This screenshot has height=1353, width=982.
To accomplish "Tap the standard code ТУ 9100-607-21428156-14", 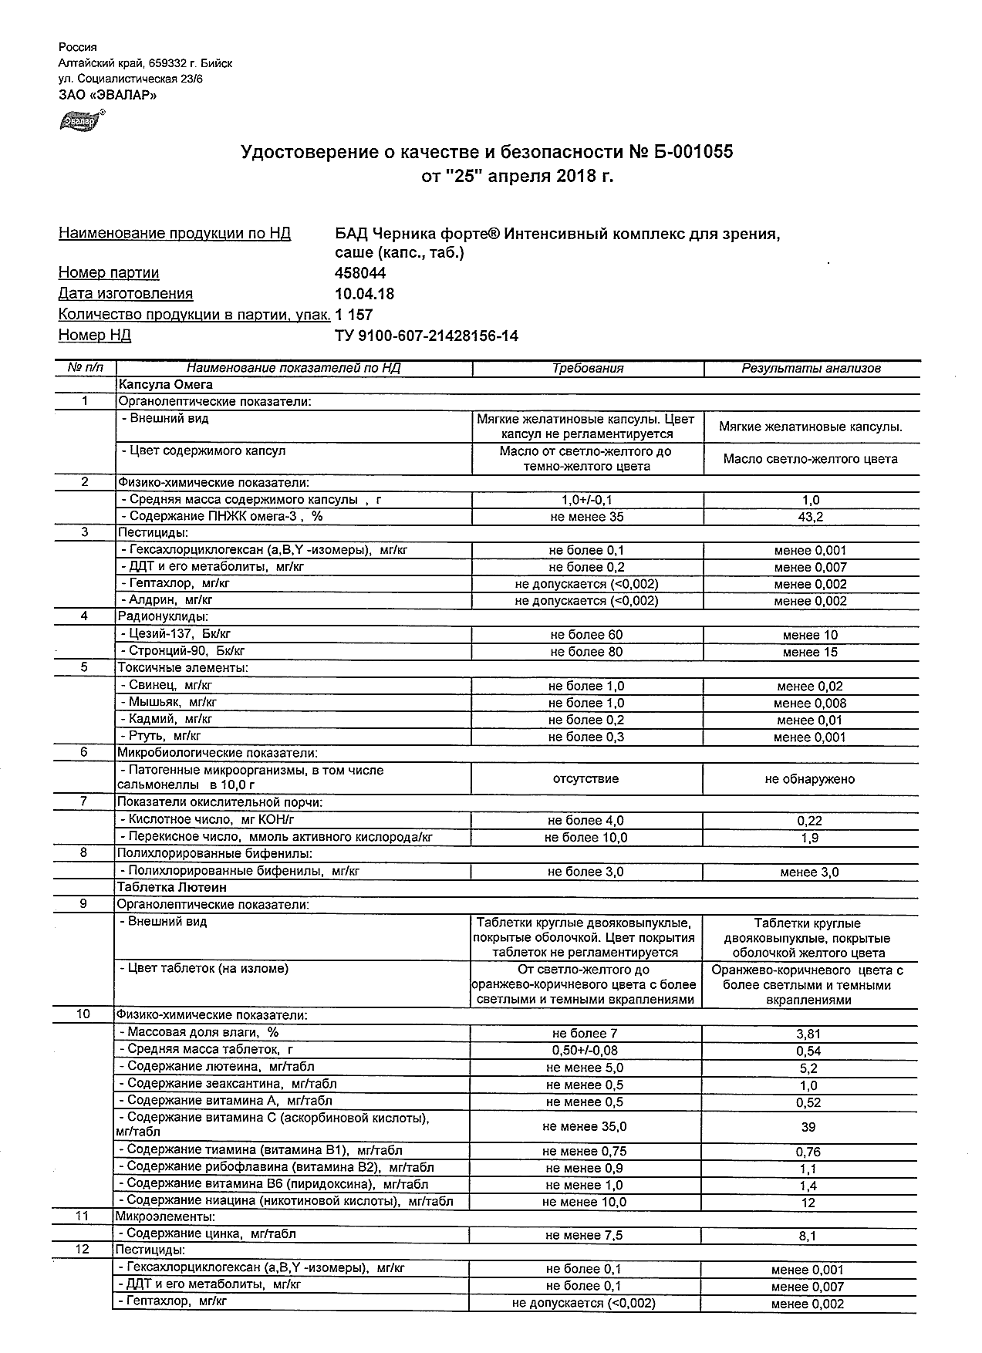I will tap(427, 336).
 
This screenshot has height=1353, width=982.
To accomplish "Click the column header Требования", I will tap(587, 369).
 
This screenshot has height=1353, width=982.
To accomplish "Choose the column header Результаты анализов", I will tap(811, 369).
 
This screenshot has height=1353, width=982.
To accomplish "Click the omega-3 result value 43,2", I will tap(810, 518).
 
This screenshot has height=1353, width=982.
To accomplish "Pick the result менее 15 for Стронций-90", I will tap(810, 653).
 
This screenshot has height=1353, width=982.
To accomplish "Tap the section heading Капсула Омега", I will tap(165, 384).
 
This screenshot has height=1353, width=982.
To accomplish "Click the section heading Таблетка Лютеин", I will tap(171, 888).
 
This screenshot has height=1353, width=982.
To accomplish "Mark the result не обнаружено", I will tap(810, 779).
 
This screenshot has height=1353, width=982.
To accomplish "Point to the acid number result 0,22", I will tap(810, 822).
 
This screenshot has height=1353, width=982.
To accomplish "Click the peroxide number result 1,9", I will tap(810, 838).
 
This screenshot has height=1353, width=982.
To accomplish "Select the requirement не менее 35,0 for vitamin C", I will tap(585, 1127).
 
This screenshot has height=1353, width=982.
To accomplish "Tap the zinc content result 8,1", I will tap(808, 1237).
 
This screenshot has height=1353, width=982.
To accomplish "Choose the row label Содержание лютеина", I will tap(195, 1067).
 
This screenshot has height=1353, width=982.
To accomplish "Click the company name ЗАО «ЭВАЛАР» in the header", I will tap(107, 96).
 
